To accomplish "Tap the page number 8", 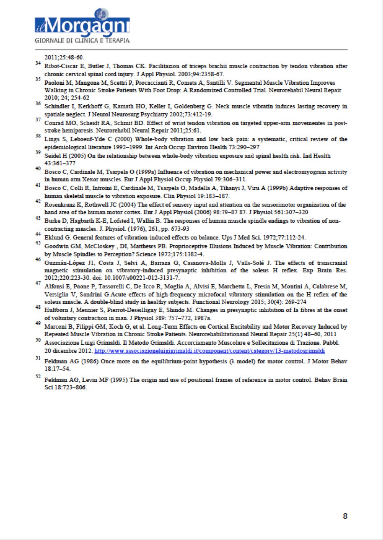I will (x=345, y=516).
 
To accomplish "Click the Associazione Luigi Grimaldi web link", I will (x=210, y=351).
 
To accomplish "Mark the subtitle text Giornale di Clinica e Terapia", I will (x=82, y=41).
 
